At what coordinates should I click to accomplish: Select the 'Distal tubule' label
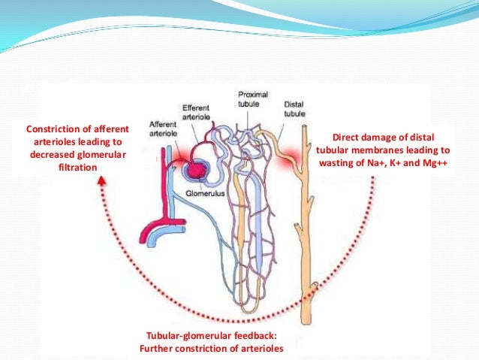(294, 109)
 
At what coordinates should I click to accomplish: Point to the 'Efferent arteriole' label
(197, 113)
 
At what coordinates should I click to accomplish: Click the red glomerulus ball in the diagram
(197, 169)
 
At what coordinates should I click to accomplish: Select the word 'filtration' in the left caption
(77, 167)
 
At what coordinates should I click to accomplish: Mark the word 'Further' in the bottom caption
(157, 348)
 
